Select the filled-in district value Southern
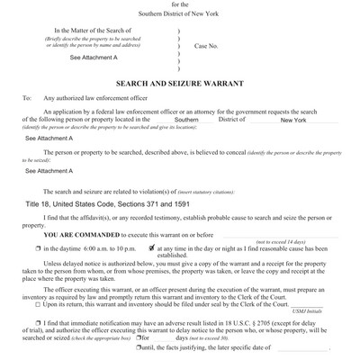point(186,120)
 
